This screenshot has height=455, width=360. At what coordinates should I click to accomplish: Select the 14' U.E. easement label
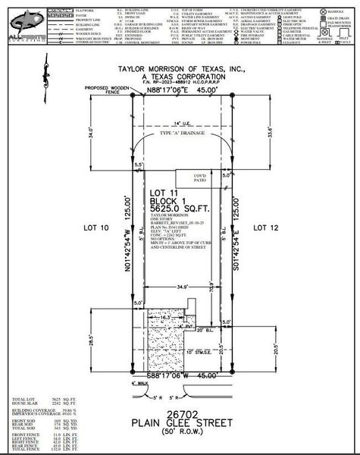(x=180, y=122)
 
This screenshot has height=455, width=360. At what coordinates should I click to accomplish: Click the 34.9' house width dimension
(x=179, y=288)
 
